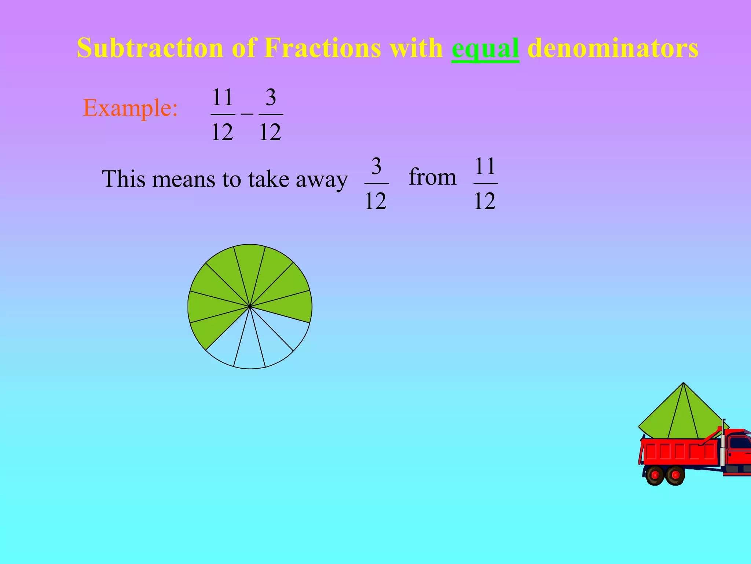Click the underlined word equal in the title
tap(485, 48)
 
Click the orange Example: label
tap(130, 108)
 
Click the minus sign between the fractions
tap(247, 114)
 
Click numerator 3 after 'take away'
tap(376, 166)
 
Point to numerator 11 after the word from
tap(486, 166)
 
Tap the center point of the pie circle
tap(250, 306)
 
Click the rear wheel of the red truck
tap(655, 475)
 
